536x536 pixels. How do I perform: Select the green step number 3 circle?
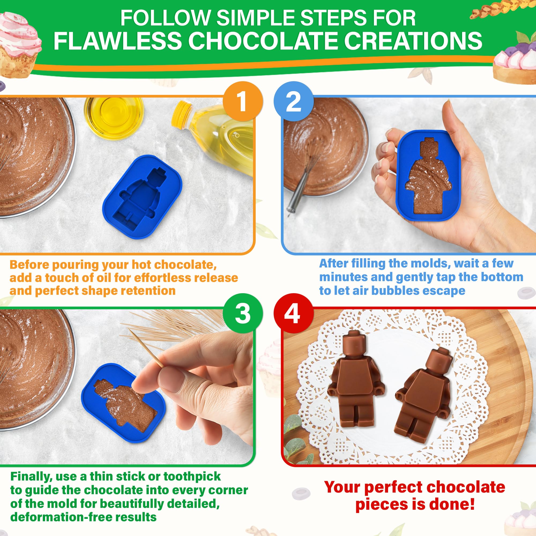pos(243,314)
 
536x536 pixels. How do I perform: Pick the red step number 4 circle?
pos(293,314)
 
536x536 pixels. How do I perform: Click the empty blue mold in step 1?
pos(142,196)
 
